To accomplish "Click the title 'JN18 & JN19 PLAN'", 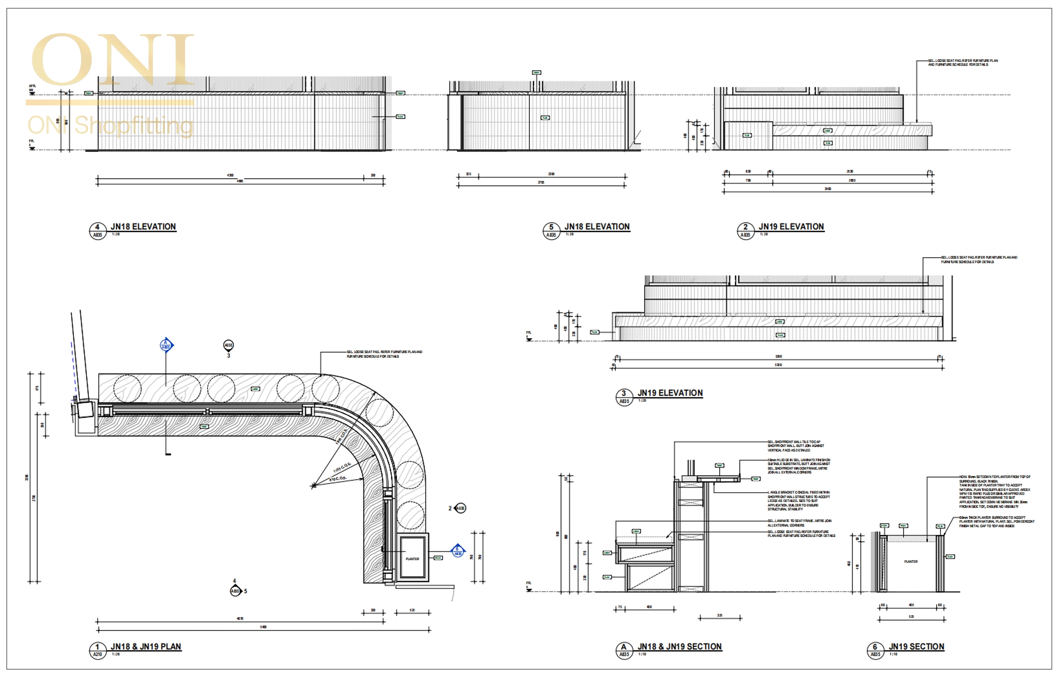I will pyautogui.click(x=146, y=647).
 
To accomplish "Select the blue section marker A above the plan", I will pyautogui.click(x=166, y=344).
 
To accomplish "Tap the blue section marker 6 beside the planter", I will pyautogui.click(x=457, y=551).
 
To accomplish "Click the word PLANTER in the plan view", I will pyautogui.click(x=412, y=559).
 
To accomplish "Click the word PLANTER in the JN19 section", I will pyautogui.click(x=911, y=561).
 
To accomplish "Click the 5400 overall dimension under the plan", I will pyautogui.click(x=263, y=627).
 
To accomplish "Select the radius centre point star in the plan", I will pyautogui.click(x=313, y=485).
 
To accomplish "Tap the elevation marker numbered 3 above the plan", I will pyautogui.click(x=228, y=345).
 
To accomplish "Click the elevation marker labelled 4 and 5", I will pyautogui.click(x=236, y=591).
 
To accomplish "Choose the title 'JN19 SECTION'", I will pyautogui.click(x=916, y=647).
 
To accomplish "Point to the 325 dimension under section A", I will pyautogui.click(x=720, y=615).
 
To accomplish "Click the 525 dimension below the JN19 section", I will pyautogui.click(x=911, y=617).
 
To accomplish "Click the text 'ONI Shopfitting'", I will pyautogui.click(x=110, y=125).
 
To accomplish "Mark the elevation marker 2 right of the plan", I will pyautogui.click(x=459, y=508).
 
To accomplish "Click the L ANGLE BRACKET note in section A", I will pyautogui.click(x=798, y=501).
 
